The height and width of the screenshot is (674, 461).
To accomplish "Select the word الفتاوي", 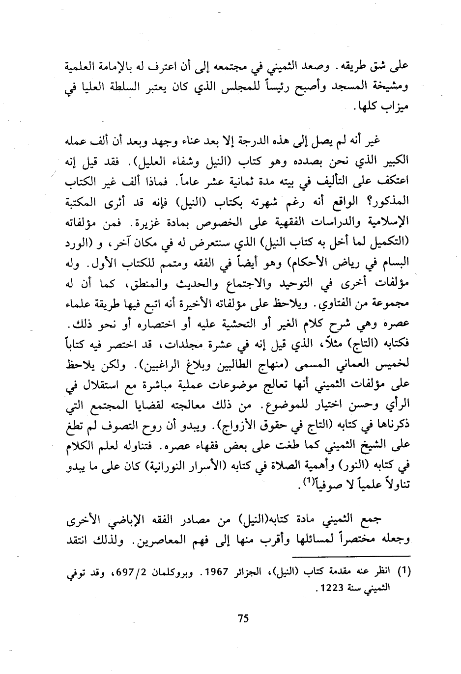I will click(329, 305).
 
